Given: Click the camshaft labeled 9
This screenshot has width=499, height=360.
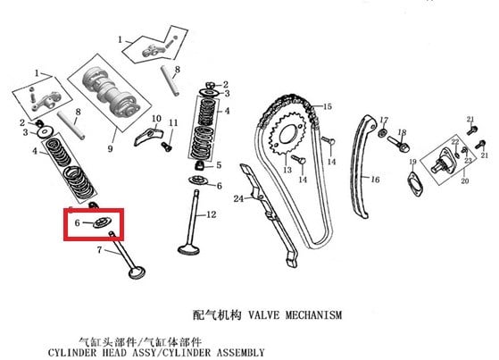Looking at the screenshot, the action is pos(111,93).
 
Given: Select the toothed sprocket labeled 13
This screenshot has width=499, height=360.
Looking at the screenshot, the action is pos(287,135).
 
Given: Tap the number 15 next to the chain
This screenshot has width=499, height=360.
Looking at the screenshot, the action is pos(327,106).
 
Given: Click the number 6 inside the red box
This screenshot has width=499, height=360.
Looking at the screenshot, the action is pos(77,222).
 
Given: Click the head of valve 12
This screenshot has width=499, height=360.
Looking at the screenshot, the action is pos(189,249).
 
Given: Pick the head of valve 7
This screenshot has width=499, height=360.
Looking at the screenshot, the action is pos(137,273).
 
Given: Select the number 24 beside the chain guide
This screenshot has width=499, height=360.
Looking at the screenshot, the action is pos(238,199).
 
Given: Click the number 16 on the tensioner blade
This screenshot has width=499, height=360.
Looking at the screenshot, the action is pos(375,180).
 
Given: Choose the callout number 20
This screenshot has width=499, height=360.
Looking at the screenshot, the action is pos(465,181).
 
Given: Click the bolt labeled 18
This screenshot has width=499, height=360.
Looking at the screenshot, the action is pos(398,143).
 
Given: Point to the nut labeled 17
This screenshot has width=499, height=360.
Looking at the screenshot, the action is pos(382,133).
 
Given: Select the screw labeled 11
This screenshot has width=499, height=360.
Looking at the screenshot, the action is pos(167,147).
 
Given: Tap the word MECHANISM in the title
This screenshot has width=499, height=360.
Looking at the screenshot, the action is pos(313,315).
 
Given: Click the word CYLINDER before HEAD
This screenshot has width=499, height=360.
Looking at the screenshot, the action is pos(72,353).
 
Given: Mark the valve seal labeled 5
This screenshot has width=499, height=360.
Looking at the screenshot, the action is pos(200,165).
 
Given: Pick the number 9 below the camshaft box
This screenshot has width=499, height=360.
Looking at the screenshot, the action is pos(110,148).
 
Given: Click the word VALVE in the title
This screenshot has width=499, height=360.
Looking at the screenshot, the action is pos(264,315).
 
